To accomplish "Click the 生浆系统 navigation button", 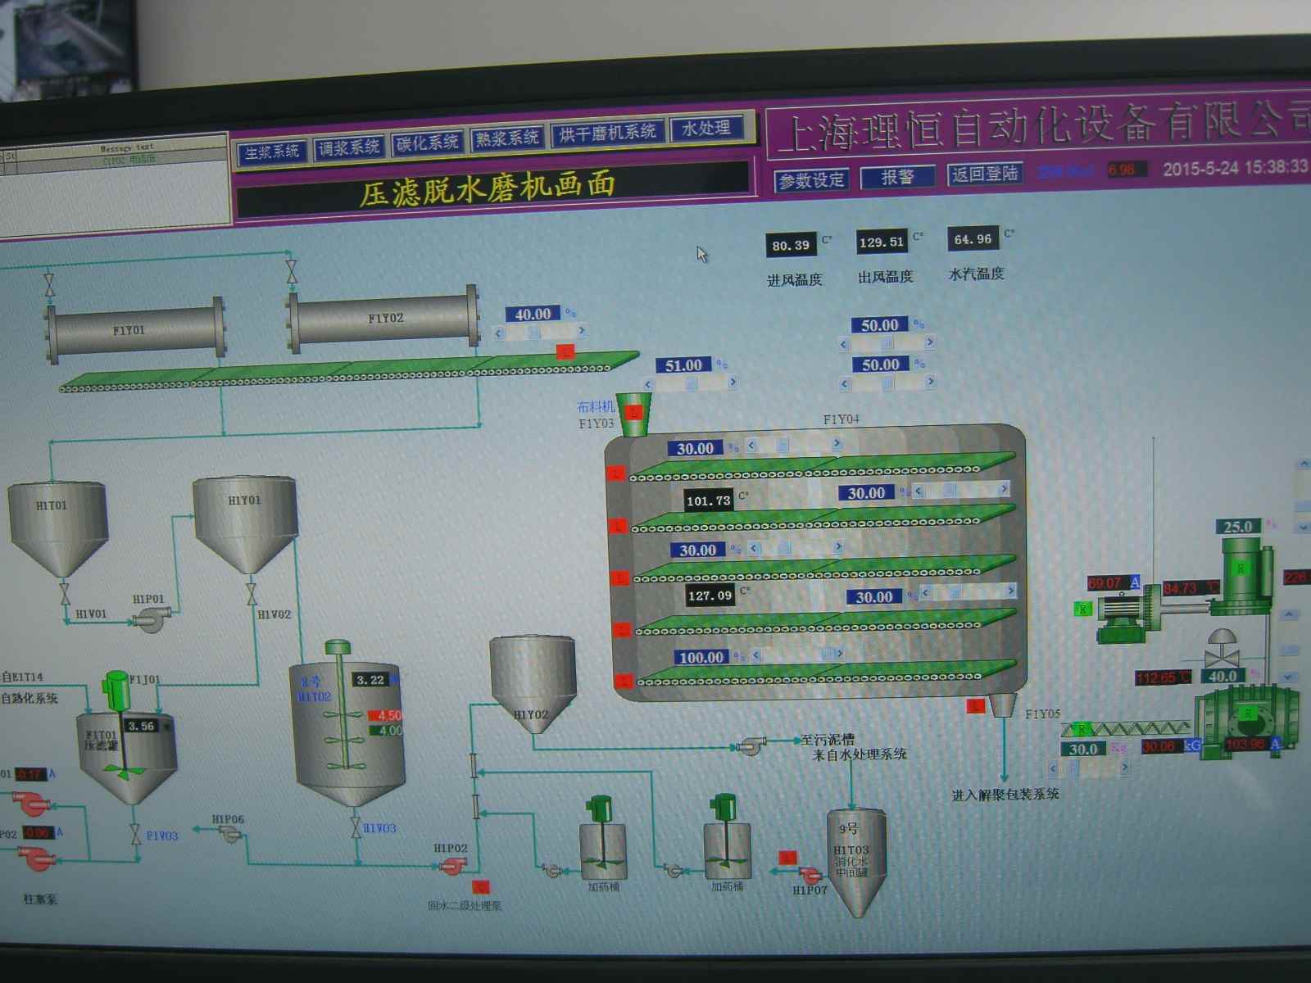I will tap(272, 152).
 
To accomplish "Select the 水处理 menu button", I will tap(706, 129).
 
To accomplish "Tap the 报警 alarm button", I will tap(897, 177).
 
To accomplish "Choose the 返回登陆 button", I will tap(985, 174).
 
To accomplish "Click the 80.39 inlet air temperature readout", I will tap(791, 245).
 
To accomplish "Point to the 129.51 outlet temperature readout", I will tap(882, 242).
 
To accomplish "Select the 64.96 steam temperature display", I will tap(973, 239).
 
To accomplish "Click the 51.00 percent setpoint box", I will tap(684, 365).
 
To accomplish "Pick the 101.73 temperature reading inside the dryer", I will tap(709, 501).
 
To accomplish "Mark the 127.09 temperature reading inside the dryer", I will tap(710, 596).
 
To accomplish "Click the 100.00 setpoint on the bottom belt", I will tap(701, 657).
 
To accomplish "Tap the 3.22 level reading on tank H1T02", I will tap(371, 680).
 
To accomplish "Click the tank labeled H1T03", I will tap(855, 860).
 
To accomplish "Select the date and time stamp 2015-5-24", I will tap(1235, 168).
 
